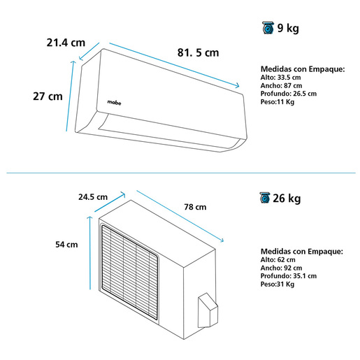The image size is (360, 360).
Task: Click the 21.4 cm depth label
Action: click(x=66, y=43)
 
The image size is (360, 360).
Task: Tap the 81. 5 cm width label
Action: click(x=199, y=52)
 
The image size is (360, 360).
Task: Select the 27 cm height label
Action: click(x=48, y=96)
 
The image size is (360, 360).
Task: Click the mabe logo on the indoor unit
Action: click(x=114, y=102)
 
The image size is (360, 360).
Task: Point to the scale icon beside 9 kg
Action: click(x=268, y=28)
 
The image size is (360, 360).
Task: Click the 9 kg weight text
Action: click(x=288, y=28)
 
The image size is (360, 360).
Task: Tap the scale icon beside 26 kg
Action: click(x=265, y=198)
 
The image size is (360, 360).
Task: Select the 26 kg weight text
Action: click(x=287, y=199)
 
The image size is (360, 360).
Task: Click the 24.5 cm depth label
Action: click(x=93, y=197)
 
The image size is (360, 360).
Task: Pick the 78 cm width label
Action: click(x=195, y=207)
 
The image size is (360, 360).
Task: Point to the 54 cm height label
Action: click(x=66, y=245)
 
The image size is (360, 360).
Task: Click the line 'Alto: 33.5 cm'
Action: click(x=280, y=78)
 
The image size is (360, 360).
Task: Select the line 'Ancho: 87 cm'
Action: click(x=281, y=85)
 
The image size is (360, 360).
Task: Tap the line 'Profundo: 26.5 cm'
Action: click(x=289, y=94)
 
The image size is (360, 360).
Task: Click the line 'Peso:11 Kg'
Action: click(x=278, y=102)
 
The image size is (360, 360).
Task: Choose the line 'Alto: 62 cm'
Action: click(x=278, y=259)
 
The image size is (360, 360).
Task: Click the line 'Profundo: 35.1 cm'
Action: click(x=289, y=276)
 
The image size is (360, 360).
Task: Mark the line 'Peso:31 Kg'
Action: click(x=278, y=284)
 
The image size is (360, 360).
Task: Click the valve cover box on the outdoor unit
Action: click(x=208, y=310)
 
